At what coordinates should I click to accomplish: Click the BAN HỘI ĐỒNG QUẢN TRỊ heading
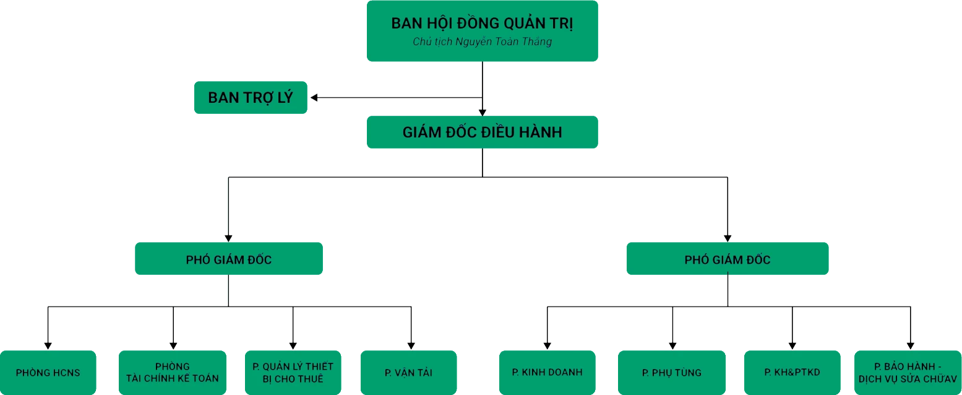coord(482,24)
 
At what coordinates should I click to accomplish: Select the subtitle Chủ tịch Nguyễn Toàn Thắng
coord(482,42)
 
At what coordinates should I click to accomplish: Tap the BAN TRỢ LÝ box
coord(250,97)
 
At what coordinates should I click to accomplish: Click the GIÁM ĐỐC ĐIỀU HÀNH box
coord(482,132)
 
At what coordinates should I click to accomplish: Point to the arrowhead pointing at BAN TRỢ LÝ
coord(315,97)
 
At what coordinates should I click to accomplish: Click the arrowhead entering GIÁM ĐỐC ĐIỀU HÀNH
coord(482,112)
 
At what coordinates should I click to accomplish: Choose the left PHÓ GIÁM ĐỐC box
coord(228,259)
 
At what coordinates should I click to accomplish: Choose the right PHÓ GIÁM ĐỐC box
coord(728,259)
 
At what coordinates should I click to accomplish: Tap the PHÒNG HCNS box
coord(48,373)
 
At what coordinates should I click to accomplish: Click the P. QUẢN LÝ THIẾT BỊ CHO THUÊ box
coord(293,372)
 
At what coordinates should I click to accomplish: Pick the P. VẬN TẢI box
coord(408,373)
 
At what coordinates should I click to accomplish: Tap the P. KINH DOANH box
coord(547,372)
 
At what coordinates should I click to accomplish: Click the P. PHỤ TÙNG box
coord(671,373)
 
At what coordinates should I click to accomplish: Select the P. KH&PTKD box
coord(792,372)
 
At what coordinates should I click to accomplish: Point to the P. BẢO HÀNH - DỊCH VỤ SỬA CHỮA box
coord(908,372)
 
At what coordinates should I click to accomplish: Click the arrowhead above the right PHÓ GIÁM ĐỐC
coord(728,237)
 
